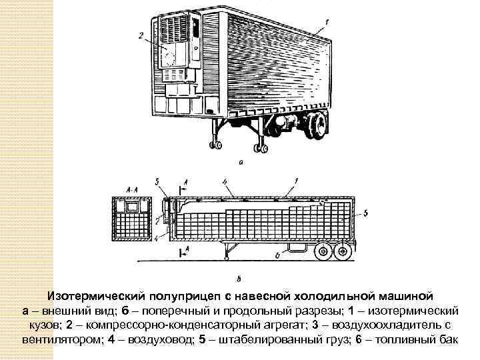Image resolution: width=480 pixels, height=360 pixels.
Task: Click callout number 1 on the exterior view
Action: click(326, 21)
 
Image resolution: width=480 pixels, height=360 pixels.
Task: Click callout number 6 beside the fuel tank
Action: click(276, 256)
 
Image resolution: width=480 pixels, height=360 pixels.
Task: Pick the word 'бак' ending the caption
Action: click(447, 339)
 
